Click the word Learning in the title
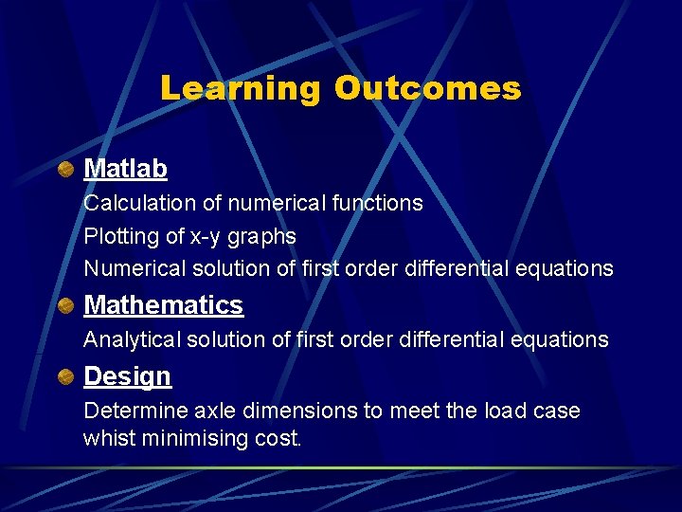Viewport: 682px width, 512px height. tap(241, 88)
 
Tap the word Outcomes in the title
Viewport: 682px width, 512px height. tap(427, 88)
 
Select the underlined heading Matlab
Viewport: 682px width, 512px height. tap(125, 169)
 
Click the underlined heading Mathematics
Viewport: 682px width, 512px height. tap(163, 305)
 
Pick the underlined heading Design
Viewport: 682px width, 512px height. tap(127, 376)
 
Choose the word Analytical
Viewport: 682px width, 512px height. tap(129, 339)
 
